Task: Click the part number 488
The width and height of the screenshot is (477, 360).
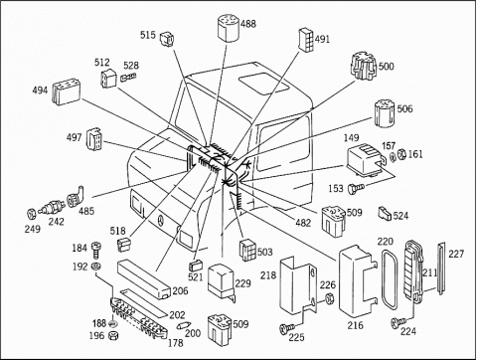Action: (x=248, y=24)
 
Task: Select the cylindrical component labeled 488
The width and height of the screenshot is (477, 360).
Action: (x=229, y=28)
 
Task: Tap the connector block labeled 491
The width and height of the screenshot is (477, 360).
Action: (x=306, y=40)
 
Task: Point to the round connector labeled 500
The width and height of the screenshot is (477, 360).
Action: (x=363, y=66)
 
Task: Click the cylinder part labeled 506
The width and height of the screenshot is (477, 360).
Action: (x=386, y=113)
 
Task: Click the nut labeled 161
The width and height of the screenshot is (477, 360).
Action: (x=401, y=153)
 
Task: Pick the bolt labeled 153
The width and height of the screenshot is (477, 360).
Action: (x=356, y=188)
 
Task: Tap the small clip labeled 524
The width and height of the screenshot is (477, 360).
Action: (x=385, y=213)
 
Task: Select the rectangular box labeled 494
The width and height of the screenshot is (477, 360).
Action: (x=66, y=91)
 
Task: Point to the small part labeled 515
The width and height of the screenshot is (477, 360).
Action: (x=167, y=39)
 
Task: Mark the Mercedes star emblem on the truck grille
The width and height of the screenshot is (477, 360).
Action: (x=160, y=221)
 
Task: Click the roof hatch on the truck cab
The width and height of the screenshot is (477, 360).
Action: (x=264, y=83)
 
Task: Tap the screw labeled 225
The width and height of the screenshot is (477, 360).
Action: (x=286, y=328)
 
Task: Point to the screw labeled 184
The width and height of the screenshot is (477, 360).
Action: (x=96, y=251)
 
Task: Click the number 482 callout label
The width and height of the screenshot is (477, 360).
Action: (x=303, y=223)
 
